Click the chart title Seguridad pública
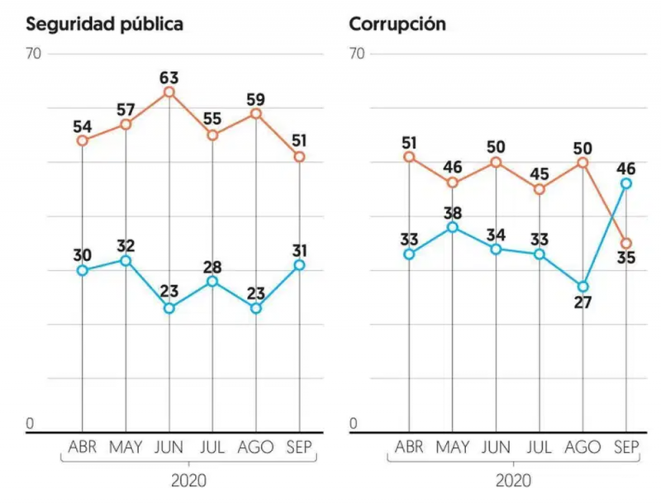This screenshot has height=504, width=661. (104, 24)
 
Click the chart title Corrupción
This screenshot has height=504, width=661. (397, 24)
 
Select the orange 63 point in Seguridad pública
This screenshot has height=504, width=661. (169, 92)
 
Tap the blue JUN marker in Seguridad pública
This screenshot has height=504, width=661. (169, 308)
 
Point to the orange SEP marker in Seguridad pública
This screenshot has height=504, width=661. (299, 156)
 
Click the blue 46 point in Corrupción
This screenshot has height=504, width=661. (627, 183)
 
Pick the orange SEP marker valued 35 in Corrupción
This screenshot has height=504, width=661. (627, 243)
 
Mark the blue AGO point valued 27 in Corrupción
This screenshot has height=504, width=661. (583, 286)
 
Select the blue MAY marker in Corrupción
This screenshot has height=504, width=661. (453, 226)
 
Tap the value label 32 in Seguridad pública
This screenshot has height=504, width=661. (126, 245)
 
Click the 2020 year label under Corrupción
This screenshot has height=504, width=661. (514, 480)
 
